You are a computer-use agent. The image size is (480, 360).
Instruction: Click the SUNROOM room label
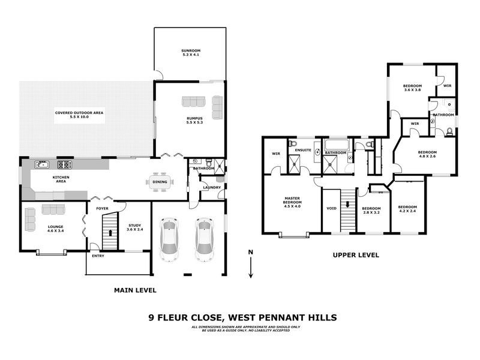tap(190, 52)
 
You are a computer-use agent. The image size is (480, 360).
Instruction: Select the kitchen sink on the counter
tap(41, 164)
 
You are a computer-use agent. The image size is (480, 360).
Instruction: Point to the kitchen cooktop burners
tap(64, 164)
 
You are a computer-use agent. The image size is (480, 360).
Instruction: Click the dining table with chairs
tap(160, 182)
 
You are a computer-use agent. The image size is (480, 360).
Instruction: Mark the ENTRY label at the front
tap(98, 257)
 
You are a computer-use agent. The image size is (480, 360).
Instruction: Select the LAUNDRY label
tap(212, 188)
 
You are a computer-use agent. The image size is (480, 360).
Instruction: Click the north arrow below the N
tap(251, 267)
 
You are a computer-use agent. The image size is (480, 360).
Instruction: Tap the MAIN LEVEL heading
tap(135, 290)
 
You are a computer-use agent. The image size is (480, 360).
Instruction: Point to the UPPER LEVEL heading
tap(356, 255)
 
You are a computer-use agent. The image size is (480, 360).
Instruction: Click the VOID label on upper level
tap(331, 209)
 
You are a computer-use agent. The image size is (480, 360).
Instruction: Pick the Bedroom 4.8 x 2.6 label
tap(427, 155)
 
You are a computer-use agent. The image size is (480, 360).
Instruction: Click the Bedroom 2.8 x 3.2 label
tap(371, 210)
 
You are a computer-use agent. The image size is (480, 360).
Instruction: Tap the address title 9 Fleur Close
tap(242, 317)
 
